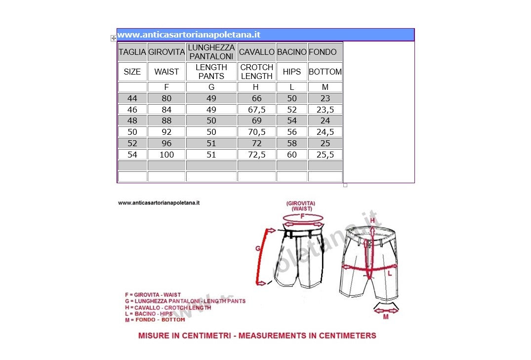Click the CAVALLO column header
click(x=256, y=52)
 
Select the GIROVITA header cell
click(x=166, y=52)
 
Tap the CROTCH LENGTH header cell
click(x=256, y=72)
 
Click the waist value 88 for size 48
click(x=166, y=120)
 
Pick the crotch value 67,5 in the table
click(x=256, y=110)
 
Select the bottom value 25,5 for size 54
click(x=325, y=155)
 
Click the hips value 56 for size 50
click(x=292, y=132)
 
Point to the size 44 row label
click(x=132, y=98)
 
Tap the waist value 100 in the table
click(x=166, y=155)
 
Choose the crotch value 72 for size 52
click(x=256, y=143)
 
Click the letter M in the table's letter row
click(x=325, y=87)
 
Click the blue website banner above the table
click(x=265, y=35)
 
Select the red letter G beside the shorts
click(x=258, y=249)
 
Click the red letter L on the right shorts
click(x=389, y=273)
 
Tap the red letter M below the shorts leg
click(x=386, y=317)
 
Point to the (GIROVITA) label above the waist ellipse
click(x=301, y=203)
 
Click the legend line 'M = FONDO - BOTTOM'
click(x=155, y=320)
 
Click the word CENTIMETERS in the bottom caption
click(x=347, y=336)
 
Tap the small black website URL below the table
click(x=159, y=202)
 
